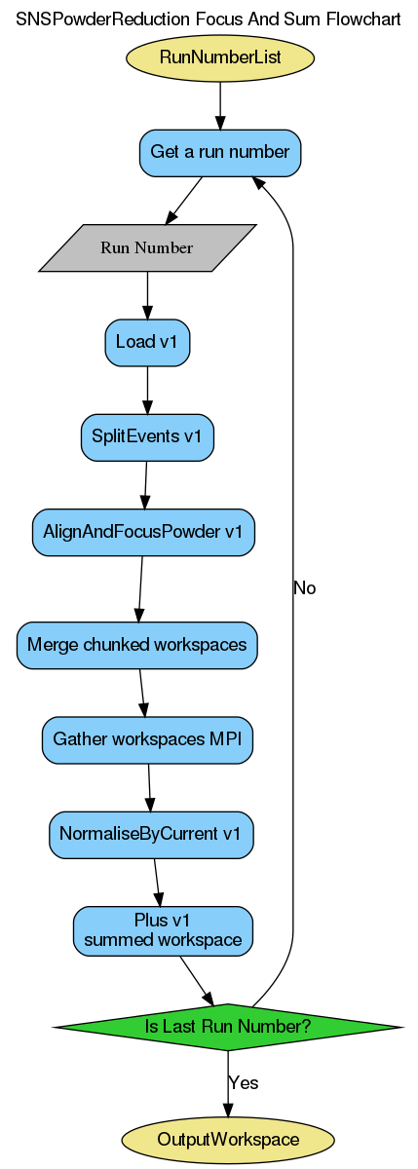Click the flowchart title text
209,19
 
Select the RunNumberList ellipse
220,57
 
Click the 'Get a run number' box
220,153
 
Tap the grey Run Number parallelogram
147,247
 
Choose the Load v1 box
147,342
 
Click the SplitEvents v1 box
147,436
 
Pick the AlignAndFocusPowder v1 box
143,532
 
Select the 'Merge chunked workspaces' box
137,645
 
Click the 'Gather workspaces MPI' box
148,739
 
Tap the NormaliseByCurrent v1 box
151,834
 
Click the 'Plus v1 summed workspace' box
163,930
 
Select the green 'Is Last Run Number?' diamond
228,1027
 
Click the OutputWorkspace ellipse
228,1139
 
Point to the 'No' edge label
304,588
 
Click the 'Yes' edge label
243,1082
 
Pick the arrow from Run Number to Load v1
147,294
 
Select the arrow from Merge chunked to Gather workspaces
143,693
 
